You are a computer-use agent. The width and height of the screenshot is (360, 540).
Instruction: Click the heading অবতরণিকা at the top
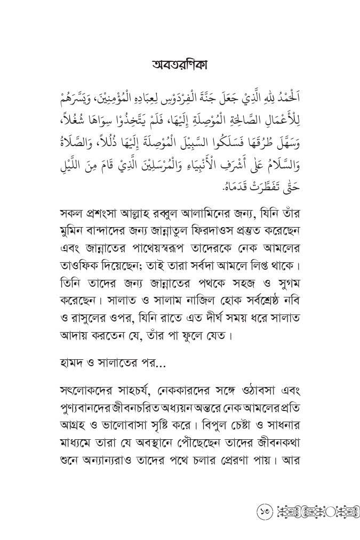(180, 65)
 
